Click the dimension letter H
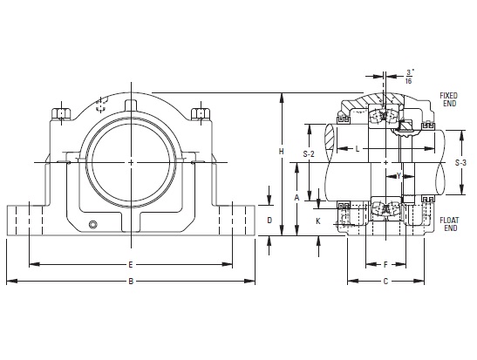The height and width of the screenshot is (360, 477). [282, 151]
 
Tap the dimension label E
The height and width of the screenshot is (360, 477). [131, 264]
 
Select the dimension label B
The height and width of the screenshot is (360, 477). [131, 282]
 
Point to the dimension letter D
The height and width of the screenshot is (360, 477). [269, 221]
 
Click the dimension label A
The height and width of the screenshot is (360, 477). [296, 198]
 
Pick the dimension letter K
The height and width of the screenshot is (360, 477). [318, 221]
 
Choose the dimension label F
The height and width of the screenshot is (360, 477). [385, 264]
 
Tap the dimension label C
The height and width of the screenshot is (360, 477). [385, 282]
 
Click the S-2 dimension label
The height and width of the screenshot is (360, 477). [309, 154]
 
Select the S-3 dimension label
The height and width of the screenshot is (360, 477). [460, 163]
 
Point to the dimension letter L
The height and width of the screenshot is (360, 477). [358, 149]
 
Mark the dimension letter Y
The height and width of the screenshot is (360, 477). [399, 176]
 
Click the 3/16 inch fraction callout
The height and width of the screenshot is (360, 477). [409, 77]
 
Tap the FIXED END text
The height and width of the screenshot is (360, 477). [449, 99]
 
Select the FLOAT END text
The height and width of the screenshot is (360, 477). [449, 224]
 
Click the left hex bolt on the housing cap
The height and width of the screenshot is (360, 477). [61, 113]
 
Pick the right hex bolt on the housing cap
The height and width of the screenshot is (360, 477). [201, 113]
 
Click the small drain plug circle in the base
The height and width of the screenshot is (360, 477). [93, 225]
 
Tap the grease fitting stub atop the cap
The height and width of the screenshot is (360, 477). [132, 105]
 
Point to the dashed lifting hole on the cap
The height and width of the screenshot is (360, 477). [101, 105]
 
